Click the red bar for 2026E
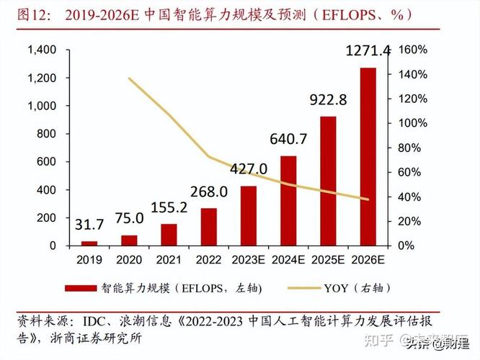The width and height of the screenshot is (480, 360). [x=368, y=156]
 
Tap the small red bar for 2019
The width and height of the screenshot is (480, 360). [x=89, y=243]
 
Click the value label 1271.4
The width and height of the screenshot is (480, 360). [x=368, y=50]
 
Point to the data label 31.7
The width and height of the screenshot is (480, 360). [x=89, y=225]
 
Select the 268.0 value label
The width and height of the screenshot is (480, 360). [x=209, y=192]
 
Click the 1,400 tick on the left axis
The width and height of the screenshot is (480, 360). [x=42, y=50]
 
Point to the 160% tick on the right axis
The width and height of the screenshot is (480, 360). [x=414, y=50]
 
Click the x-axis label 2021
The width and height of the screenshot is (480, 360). [x=169, y=259]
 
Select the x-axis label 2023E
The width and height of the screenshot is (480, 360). [x=248, y=259]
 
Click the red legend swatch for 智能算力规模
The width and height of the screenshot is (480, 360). [x=81, y=289]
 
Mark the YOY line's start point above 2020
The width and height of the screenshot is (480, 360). [x=129, y=78]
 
